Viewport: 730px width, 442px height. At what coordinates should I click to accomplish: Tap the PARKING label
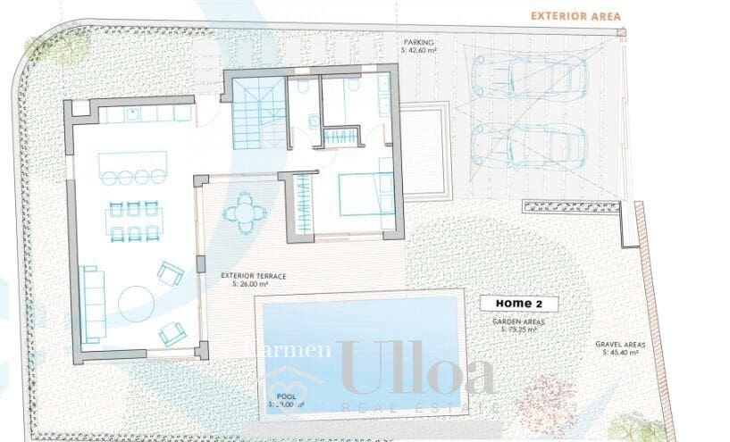[419, 42]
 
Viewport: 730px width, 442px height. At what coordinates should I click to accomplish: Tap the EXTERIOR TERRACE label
[254, 276]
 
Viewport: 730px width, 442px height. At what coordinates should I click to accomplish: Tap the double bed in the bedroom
[365, 194]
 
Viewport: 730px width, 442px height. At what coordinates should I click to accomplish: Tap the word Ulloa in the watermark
[416, 368]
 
